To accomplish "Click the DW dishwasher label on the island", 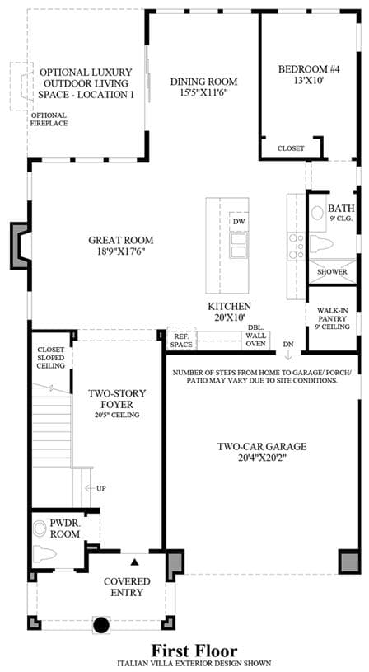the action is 238,222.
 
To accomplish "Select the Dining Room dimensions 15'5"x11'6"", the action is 203,93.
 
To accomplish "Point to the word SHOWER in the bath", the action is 332,272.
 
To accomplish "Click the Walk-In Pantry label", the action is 332,318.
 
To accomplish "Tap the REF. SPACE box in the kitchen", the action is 181,338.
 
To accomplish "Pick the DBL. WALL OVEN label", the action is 255,335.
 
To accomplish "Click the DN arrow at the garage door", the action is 288,355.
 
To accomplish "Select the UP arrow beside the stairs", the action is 90,488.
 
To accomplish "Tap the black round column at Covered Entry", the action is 101,624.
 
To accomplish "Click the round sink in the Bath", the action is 318,213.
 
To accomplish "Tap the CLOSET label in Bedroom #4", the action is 291,148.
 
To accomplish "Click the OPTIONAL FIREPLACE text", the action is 49,119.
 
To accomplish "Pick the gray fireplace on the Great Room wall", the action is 20,246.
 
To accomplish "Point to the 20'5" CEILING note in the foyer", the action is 117,415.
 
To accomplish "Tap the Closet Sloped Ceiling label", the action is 50,357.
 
